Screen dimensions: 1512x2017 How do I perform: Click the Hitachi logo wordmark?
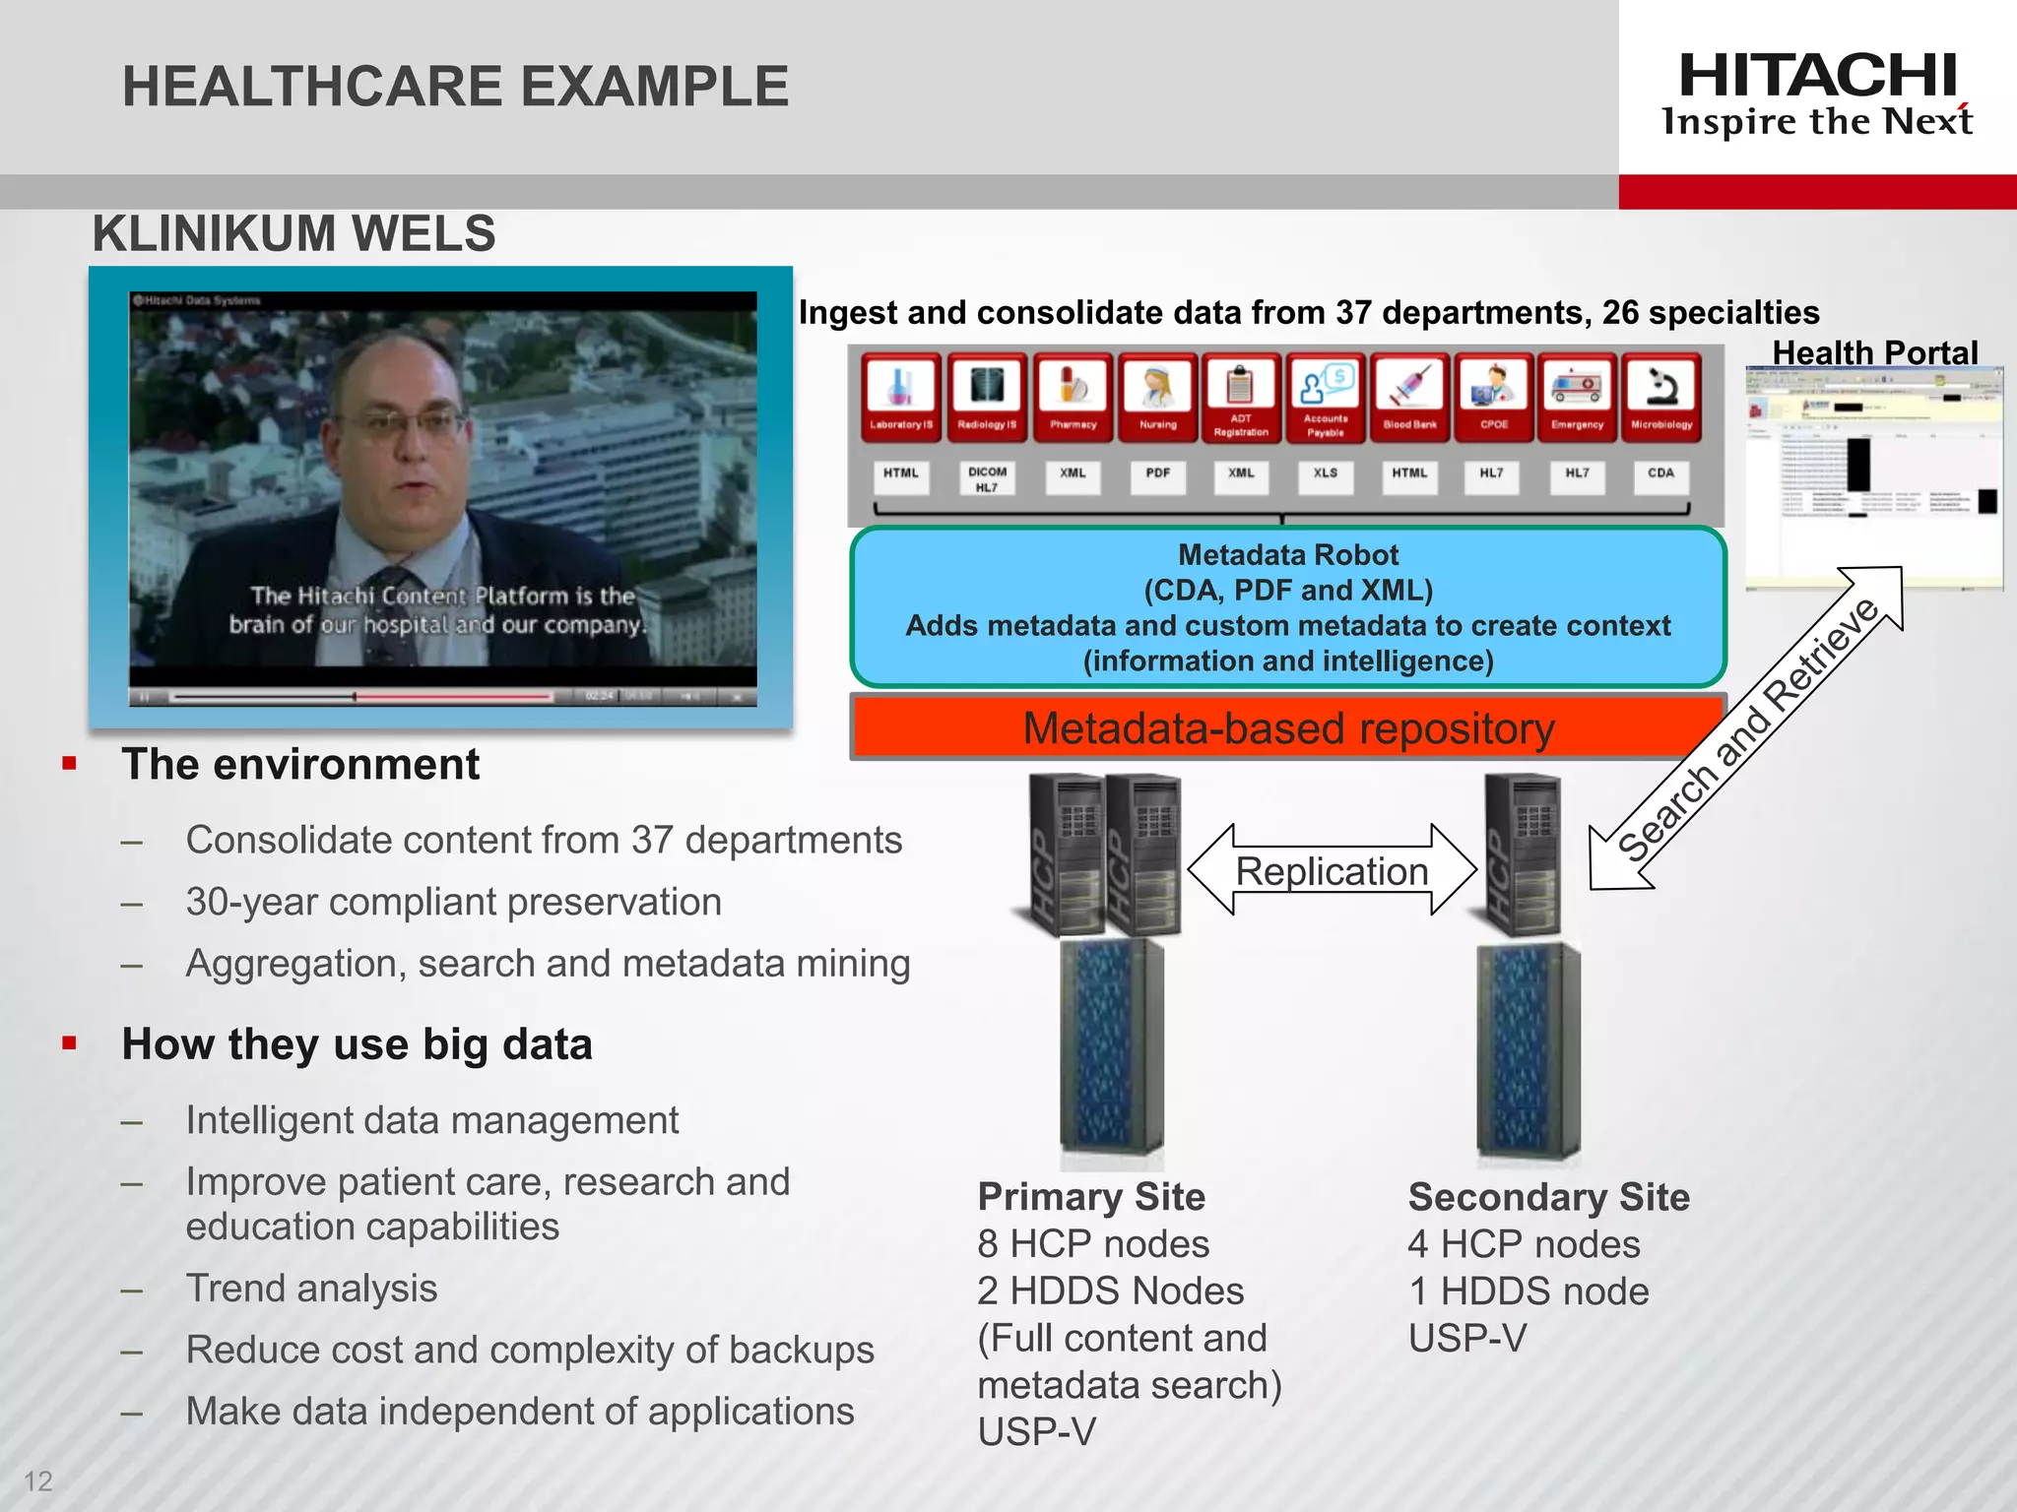(1817, 76)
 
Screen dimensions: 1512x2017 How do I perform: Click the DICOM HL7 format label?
(987, 478)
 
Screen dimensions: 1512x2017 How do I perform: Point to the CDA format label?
(1660, 472)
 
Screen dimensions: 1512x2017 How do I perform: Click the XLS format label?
(1326, 472)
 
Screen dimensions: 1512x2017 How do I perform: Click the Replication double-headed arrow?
(1332, 871)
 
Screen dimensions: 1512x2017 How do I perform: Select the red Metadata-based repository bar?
(1287, 728)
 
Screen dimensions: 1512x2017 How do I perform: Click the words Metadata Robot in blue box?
(1287, 555)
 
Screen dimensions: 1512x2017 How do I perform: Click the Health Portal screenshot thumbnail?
(1873, 478)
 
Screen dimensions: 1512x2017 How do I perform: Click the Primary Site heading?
(1091, 1197)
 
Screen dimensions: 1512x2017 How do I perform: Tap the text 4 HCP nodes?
(1524, 1244)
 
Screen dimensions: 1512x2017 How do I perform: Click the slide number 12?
(37, 1480)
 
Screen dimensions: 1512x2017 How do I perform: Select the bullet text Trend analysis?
(311, 1289)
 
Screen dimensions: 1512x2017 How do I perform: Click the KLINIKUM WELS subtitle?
(293, 234)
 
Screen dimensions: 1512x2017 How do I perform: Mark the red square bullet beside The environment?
(69, 764)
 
